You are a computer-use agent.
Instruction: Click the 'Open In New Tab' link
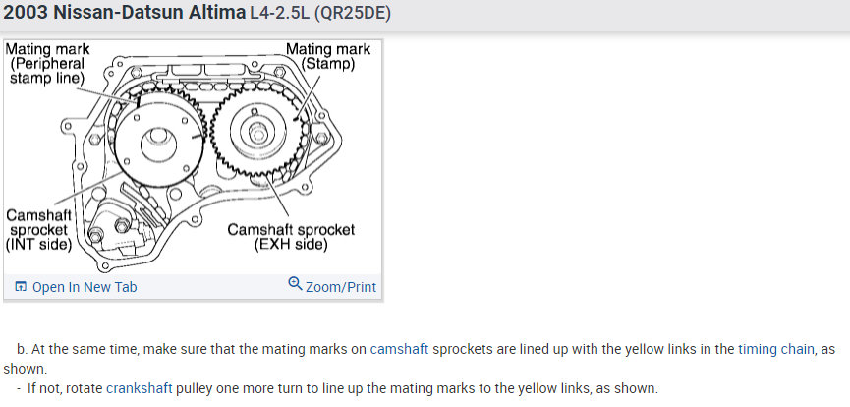pos(85,286)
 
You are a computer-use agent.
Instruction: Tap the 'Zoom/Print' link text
pos(341,286)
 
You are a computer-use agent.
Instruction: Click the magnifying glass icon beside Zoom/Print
pos(295,284)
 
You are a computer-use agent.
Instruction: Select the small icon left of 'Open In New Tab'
pos(20,286)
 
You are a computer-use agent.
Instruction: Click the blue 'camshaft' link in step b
pos(399,349)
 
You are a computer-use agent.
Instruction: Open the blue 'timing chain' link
pos(775,349)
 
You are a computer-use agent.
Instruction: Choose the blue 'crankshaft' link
pos(140,388)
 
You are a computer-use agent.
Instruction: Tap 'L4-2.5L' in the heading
pos(279,13)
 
